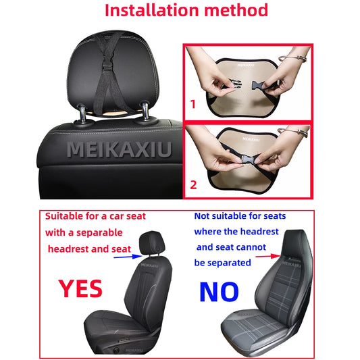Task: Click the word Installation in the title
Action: click(151, 10)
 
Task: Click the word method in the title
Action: click(236, 10)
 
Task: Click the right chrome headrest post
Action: click(145, 111)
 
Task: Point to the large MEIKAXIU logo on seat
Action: click(119, 150)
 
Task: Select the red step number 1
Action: click(193, 104)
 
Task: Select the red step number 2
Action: click(193, 185)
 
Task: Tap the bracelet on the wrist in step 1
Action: click(293, 58)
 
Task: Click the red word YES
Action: click(80, 289)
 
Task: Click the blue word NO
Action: click(219, 292)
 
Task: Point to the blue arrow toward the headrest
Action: click(128, 257)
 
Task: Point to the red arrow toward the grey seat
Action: click(268, 256)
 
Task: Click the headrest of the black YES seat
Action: click(152, 242)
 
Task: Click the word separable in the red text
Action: click(99, 233)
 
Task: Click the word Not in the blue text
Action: click(201, 216)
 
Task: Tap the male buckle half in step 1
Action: click(234, 84)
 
